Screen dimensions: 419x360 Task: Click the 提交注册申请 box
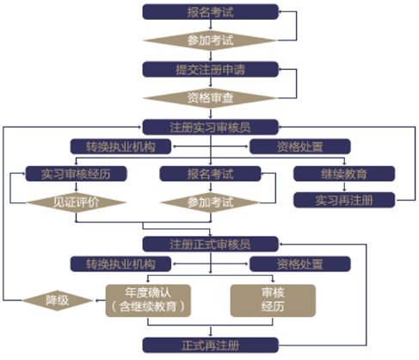pyautogui.click(x=210, y=69)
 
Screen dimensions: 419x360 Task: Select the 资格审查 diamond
pyautogui.click(x=210, y=98)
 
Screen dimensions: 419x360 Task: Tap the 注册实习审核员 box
pyautogui.click(x=210, y=127)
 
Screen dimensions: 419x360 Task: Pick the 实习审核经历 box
pyautogui.click(x=76, y=174)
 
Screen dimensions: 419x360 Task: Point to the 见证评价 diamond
pyautogui.click(x=76, y=202)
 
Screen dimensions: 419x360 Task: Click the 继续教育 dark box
pyautogui.click(x=344, y=174)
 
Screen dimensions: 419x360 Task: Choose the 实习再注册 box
pyautogui.click(x=344, y=200)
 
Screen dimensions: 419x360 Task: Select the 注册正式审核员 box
pyautogui.click(x=210, y=244)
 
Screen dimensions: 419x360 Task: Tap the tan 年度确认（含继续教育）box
pyautogui.click(x=148, y=301)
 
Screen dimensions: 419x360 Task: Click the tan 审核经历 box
pyautogui.click(x=273, y=301)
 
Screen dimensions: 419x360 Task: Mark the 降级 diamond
pyautogui.click(x=58, y=301)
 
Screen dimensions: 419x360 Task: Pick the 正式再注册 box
pyautogui.click(x=210, y=345)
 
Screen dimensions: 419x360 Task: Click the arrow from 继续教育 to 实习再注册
pyautogui.click(x=344, y=187)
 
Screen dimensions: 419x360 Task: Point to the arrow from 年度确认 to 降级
pyautogui.click(x=100, y=301)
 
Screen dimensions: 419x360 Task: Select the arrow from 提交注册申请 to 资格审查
pyautogui.click(x=211, y=83)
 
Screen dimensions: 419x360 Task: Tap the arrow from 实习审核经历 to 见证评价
pyautogui.click(x=76, y=187)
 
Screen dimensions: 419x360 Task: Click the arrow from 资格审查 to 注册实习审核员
pyautogui.click(x=211, y=114)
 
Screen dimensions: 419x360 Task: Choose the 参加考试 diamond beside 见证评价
pyautogui.click(x=210, y=202)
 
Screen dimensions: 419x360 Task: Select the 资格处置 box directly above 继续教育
pyautogui.click(x=300, y=146)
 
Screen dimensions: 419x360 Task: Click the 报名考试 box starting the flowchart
pyautogui.click(x=210, y=12)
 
